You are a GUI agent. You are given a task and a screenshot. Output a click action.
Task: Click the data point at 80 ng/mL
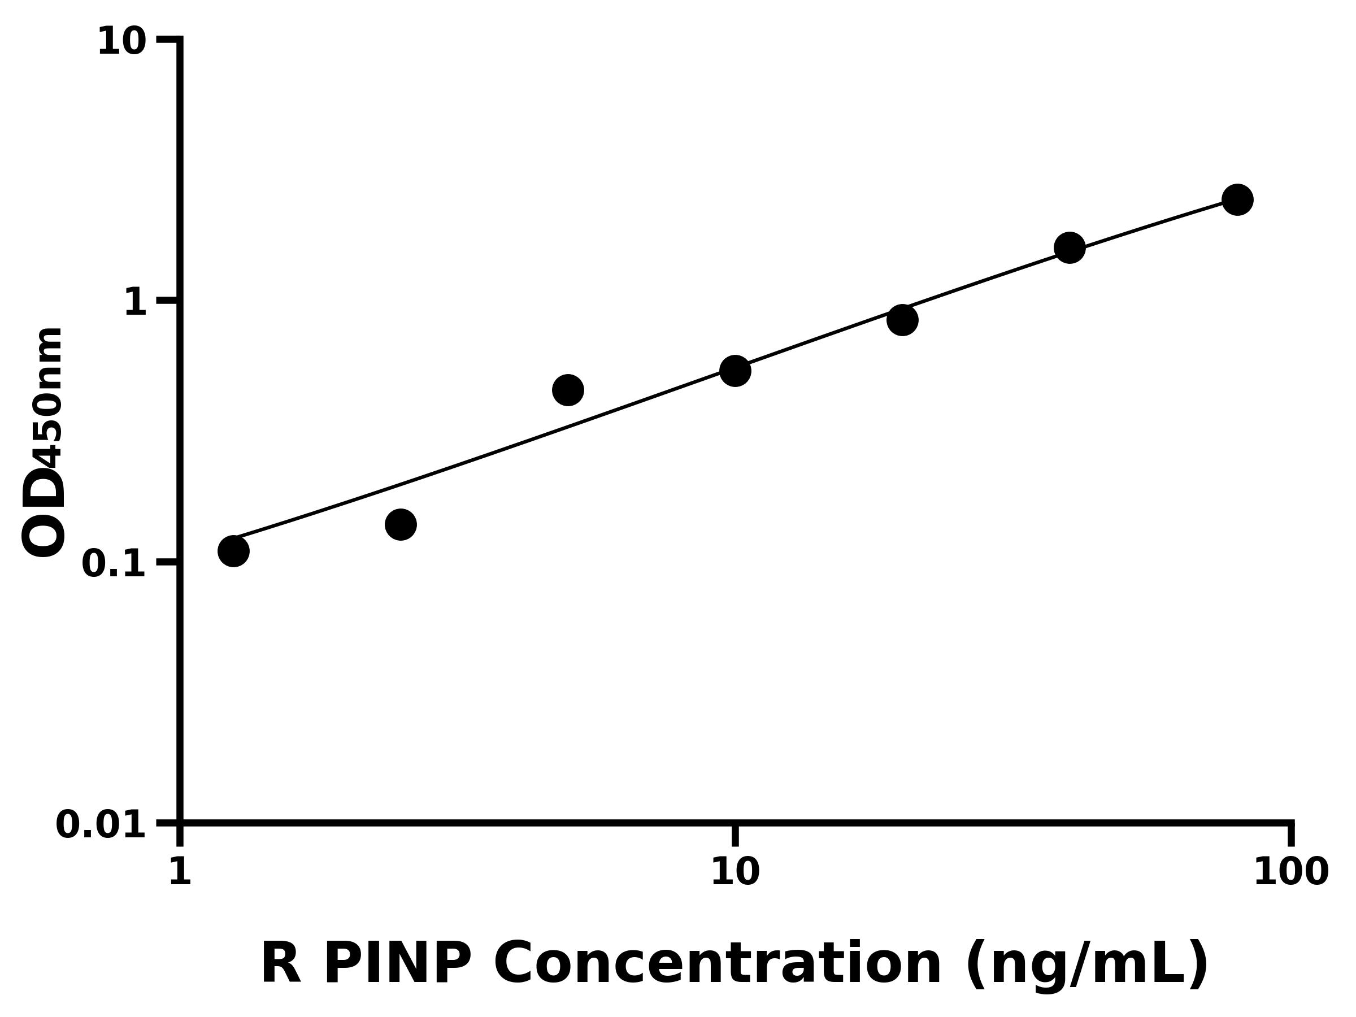(x=1237, y=200)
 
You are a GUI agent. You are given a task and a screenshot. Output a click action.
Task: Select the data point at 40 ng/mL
(x=1070, y=247)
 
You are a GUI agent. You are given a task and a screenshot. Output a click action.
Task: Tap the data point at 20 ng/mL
(x=902, y=320)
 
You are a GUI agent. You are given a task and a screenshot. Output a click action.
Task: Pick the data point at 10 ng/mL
(x=735, y=370)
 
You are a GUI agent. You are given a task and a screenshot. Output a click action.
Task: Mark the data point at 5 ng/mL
(x=568, y=390)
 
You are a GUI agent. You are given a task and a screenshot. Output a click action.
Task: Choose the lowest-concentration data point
(x=233, y=550)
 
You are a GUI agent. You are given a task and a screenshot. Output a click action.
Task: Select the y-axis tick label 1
(x=136, y=303)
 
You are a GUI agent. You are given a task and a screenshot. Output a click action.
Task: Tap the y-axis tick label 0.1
(x=114, y=564)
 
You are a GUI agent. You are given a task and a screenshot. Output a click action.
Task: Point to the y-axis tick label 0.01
(x=101, y=825)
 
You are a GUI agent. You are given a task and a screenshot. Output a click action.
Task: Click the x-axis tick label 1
(x=180, y=872)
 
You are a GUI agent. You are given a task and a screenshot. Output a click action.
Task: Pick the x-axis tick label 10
(x=735, y=872)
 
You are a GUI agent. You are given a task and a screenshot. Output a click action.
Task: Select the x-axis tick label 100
(x=1290, y=872)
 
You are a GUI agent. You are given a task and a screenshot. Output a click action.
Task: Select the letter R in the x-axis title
(x=281, y=964)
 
